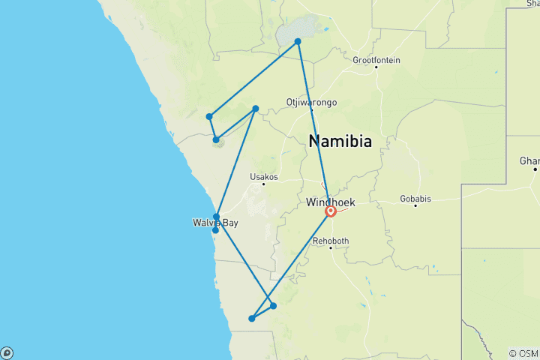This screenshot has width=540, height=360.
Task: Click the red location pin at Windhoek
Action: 330,211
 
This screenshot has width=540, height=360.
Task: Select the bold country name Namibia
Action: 340,141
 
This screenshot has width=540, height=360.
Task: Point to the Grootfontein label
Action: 376,60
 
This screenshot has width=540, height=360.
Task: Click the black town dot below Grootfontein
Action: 376,68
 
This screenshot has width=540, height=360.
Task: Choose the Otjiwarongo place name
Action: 311,102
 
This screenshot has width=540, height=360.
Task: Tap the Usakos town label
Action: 264,177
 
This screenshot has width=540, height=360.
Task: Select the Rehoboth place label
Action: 331,241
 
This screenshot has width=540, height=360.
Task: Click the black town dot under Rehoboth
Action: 331,248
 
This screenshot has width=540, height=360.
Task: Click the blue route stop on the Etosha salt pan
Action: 298,41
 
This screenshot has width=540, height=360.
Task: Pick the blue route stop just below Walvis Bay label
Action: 215,230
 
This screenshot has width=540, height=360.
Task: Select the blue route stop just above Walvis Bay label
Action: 216,217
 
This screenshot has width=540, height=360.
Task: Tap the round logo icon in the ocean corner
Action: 7,352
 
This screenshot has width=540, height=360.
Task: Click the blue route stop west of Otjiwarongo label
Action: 256,109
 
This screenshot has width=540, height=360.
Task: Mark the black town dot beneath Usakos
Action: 264,184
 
